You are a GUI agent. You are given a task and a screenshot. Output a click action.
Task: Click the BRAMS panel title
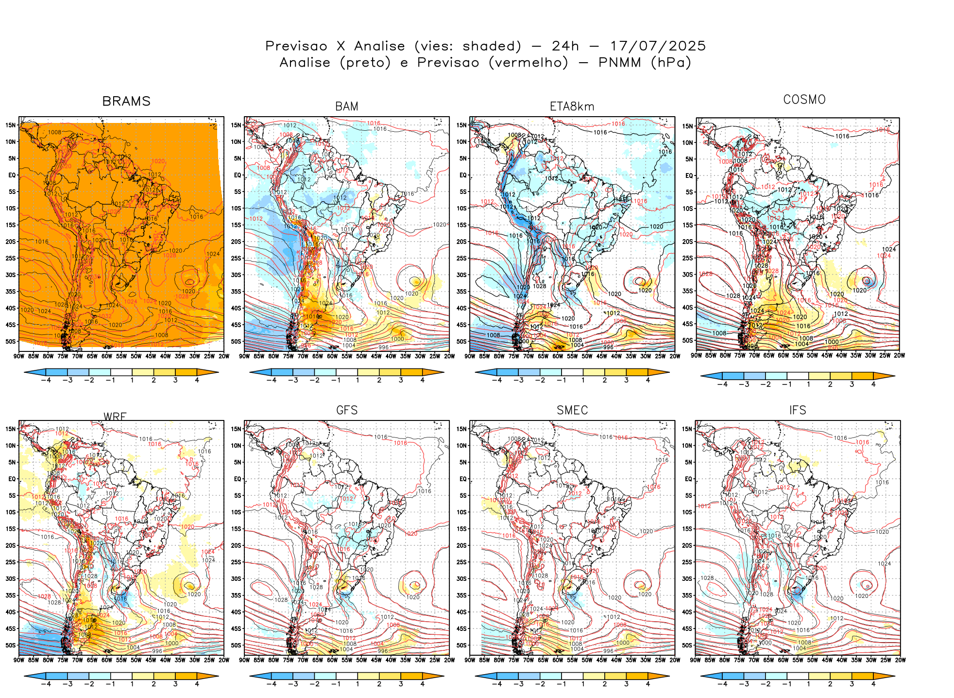point(126,101)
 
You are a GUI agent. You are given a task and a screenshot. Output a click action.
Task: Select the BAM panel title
point(347,106)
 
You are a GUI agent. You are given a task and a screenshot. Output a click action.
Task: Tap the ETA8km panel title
point(572,106)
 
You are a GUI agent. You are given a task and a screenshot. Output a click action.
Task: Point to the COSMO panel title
point(804,100)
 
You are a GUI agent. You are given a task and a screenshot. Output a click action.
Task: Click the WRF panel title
point(115,417)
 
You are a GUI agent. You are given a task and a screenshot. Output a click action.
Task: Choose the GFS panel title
point(347,410)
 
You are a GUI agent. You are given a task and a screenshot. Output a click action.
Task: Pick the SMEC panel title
point(572,410)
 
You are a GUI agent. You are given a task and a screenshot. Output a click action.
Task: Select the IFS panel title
point(798,410)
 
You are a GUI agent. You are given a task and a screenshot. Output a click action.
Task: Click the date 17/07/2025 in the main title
point(658,46)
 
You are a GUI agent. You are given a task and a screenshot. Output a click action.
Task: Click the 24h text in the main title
point(565,46)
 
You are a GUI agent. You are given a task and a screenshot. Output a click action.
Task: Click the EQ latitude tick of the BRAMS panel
point(12,175)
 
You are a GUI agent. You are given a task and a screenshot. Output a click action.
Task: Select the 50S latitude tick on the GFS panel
point(236,645)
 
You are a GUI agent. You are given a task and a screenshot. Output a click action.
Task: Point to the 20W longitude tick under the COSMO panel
point(900,355)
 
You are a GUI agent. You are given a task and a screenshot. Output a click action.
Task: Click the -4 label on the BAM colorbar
point(272,380)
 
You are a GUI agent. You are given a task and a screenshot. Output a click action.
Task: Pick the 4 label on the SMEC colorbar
point(648,684)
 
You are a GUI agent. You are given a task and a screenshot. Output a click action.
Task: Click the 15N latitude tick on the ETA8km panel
point(461,125)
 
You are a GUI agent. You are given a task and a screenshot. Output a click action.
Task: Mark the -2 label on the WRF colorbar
point(89,684)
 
